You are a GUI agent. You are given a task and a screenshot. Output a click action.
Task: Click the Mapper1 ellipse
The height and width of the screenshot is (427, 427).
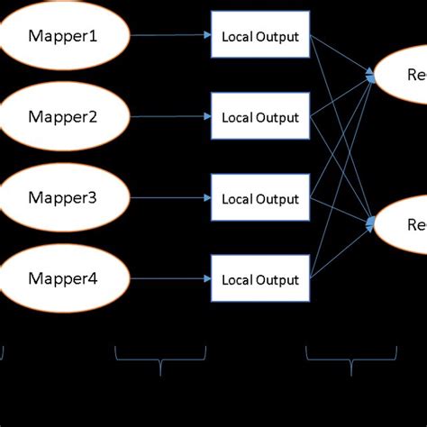pyautogui.click(x=63, y=37)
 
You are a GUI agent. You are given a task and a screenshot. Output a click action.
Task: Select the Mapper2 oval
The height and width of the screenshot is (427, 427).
pyautogui.click(x=63, y=117)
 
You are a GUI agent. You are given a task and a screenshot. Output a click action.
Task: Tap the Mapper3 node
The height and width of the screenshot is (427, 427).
pyautogui.click(x=63, y=198)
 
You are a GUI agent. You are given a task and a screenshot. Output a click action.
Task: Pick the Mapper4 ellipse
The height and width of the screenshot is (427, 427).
pyautogui.click(x=63, y=278)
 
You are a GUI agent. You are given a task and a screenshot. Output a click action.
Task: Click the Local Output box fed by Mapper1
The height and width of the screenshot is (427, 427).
pyautogui.click(x=260, y=37)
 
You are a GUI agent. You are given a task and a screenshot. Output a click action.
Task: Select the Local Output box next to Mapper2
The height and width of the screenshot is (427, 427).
pyautogui.click(x=260, y=117)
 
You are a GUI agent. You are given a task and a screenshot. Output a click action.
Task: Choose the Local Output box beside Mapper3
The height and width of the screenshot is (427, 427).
pyautogui.click(x=260, y=198)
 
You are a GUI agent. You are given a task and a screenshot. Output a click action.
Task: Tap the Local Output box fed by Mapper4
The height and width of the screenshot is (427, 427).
pyautogui.click(x=260, y=279)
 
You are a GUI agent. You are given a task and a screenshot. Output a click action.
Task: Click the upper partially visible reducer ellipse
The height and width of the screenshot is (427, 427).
pyautogui.click(x=402, y=75)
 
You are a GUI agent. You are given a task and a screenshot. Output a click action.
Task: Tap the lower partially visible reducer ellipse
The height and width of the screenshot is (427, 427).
pyautogui.click(x=402, y=223)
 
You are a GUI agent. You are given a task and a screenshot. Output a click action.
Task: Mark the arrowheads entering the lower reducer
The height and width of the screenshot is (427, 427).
pyautogui.click(x=370, y=221)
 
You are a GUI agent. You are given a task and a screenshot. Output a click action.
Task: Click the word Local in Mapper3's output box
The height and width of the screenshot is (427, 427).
pyautogui.click(x=237, y=199)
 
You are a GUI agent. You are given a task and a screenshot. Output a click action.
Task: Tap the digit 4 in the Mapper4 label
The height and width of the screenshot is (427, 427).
pyautogui.click(x=93, y=278)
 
